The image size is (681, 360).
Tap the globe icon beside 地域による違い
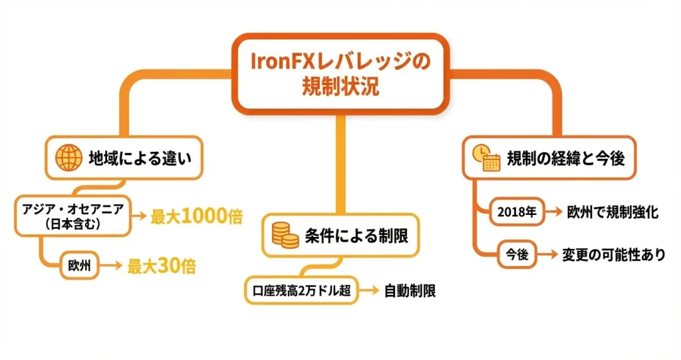point(68,158)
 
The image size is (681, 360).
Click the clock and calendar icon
point(485,158)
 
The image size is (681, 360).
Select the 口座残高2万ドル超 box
point(300,290)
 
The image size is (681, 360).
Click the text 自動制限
point(410,291)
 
